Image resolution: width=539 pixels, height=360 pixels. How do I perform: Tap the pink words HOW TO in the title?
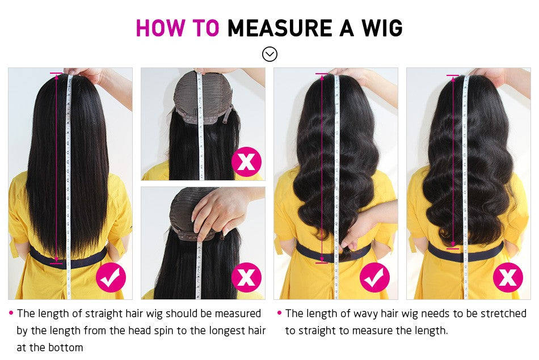pyautogui.click(x=178, y=27)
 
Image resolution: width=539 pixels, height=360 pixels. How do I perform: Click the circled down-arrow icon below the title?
pyautogui.click(x=269, y=54)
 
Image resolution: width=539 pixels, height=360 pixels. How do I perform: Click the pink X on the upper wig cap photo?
pyautogui.click(x=246, y=161)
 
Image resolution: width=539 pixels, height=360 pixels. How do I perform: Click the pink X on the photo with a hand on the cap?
pyautogui.click(x=246, y=277)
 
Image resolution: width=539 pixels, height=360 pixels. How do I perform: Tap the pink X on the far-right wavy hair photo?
pyautogui.click(x=508, y=277)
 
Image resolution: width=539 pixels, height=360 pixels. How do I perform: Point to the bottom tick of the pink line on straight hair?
pyautogui.click(x=56, y=262)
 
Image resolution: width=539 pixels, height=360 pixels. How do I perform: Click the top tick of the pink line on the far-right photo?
pyautogui.click(x=452, y=75)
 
